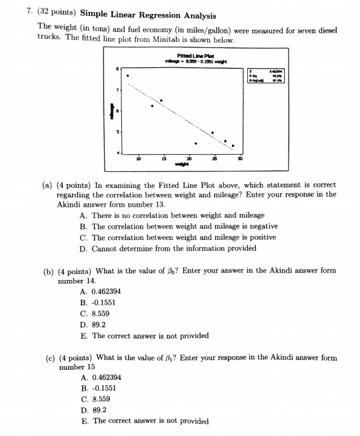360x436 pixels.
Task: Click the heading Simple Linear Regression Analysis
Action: [151, 14]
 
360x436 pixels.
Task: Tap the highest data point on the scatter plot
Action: [127, 76]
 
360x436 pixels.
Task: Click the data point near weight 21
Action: [195, 143]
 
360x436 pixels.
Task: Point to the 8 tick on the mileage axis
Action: [118, 68]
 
